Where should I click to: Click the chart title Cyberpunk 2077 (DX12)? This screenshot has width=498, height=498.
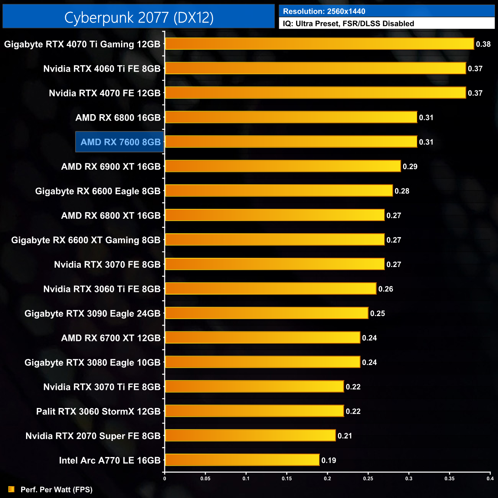point(139,18)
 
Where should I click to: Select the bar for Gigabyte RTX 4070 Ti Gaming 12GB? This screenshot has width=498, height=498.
point(319,44)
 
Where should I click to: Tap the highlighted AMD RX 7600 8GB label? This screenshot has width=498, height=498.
point(120,142)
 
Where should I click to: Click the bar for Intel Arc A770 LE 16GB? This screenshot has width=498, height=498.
point(242,460)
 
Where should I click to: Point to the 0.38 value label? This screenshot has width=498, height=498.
point(483,44)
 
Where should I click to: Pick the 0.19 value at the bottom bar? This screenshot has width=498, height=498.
point(329,460)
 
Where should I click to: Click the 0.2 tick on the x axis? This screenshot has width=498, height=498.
point(328,478)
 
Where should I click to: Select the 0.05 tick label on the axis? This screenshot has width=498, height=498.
point(205,478)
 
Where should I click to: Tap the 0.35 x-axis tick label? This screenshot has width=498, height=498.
point(449,478)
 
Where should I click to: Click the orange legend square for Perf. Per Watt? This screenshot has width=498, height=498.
point(11,489)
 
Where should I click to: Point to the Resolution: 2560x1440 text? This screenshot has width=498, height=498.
point(324,11)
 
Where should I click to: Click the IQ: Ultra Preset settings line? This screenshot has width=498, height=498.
point(348,24)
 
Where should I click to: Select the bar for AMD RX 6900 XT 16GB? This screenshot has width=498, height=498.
point(283,166)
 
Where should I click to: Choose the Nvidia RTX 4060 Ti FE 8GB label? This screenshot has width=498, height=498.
point(102,69)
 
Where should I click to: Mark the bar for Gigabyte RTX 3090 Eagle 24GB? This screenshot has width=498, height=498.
point(266,313)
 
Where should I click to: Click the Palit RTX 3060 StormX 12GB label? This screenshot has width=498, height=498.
point(98,411)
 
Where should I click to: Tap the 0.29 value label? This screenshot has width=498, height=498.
point(410,167)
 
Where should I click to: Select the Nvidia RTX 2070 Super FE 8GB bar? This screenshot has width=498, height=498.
point(250,436)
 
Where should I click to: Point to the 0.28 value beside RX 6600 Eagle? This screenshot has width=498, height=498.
point(402,191)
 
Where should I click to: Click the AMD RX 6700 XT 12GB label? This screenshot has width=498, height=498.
point(111,338)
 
